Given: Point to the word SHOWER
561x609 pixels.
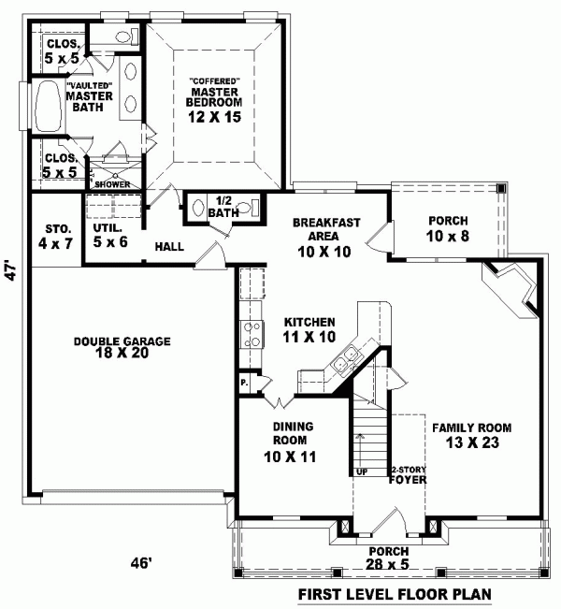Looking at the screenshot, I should pyautogui.click(x=113, y=184).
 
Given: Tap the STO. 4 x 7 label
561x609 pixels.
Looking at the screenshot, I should pyautogui.click(x=50, y=236).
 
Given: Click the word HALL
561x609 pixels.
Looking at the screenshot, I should pyautogui.click(x=169, y=247).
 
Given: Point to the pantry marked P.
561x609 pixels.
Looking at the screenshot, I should pyautogui.click(x=243, y=383).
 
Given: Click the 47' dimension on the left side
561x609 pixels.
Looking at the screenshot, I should pyautogui.click(x=11, y=271).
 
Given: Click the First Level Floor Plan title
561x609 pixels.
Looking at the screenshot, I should pyautogui.click(x=410, y=594).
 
